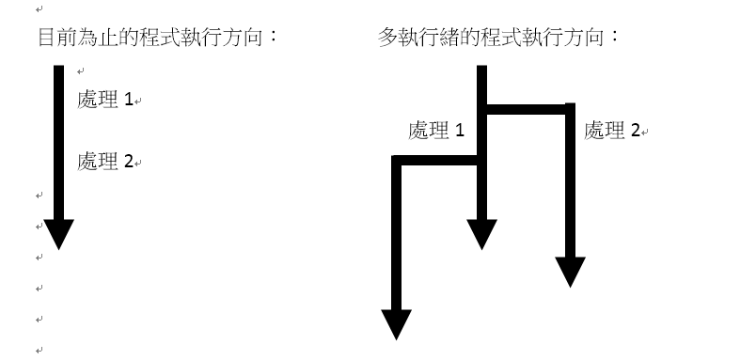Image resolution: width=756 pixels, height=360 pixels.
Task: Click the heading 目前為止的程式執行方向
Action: coord(156,39)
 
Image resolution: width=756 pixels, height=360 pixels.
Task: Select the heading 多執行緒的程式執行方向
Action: coord(497,39)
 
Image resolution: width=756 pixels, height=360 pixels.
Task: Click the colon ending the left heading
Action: coord(275,39)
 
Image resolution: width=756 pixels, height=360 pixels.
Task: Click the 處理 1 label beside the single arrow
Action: coord(107,101)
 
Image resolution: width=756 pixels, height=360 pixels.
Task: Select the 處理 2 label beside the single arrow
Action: coord(107,162)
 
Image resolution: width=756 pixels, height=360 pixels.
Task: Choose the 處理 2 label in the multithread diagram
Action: coord(611,131)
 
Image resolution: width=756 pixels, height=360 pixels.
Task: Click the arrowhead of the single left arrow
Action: coord(58,234)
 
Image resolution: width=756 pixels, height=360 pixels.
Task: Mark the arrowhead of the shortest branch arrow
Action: coord(482,234)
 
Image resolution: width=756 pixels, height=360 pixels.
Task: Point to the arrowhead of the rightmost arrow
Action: coord(570,271)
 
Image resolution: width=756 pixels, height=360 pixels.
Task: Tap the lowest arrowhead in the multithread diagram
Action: coord(396,323)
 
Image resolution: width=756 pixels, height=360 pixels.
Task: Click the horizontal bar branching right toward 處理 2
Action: coord(527,109)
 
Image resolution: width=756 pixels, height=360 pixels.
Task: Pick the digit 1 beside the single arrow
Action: coord(130,101)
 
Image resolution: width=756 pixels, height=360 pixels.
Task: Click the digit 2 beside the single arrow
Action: coord(129,162)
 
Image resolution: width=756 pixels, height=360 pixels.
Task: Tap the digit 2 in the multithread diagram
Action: coord(635,131)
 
